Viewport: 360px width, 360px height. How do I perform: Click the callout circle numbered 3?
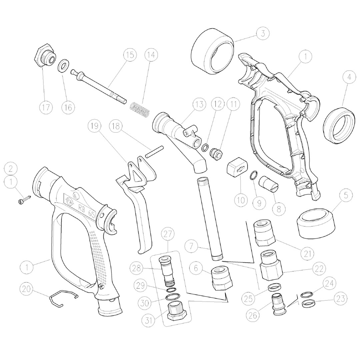click(x=263, y=34)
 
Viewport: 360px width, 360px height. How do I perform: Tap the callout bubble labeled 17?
click(x=46, y=107)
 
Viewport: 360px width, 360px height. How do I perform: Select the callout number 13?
click(x=199, y=104)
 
